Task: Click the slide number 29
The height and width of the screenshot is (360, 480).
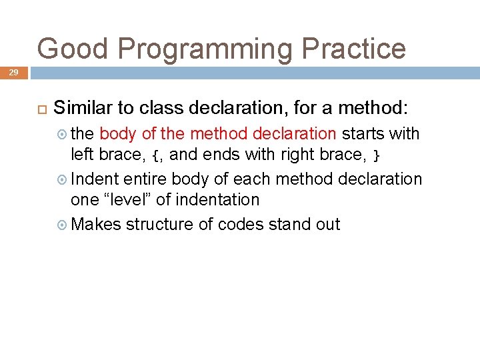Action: [x=13, y=72]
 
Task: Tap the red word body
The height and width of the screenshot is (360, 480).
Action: [x=118, y=134]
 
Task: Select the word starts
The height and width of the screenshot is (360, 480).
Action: [x=363, y=134]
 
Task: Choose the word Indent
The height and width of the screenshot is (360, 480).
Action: [x=94, y=179]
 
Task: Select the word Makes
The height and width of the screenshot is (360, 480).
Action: [x=95, y=224]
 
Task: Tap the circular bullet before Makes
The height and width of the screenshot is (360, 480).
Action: [x=63, y=225]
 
